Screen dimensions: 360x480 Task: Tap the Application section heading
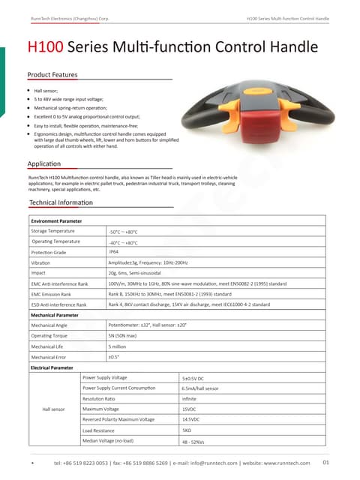(44, 163)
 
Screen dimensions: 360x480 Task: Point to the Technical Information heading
(61, 203)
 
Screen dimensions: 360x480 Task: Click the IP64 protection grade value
(115, 253)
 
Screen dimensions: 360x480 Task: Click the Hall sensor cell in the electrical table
(54, 409)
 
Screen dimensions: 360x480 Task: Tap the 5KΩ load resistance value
(187, 430)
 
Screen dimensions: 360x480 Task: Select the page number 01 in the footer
(325, 462)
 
